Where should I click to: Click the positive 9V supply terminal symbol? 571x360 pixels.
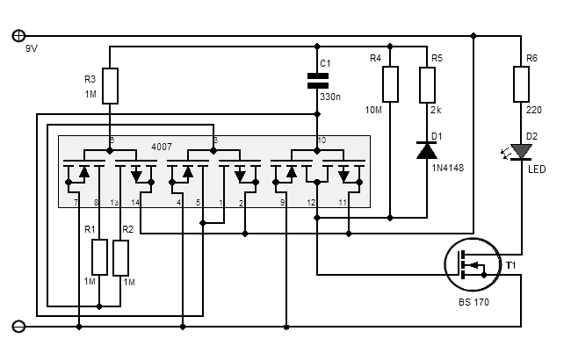click(x=18, y=36)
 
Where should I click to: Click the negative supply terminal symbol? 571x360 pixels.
click(x=18, y=327)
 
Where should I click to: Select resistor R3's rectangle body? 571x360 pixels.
click(x=110, y=86)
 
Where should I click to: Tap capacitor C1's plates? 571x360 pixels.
click(x=317, y=81)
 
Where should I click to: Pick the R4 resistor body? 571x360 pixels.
click(x=390, y=84)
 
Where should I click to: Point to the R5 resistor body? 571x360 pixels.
click(x=427, y=85)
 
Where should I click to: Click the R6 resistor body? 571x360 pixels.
click(x=521, y=83)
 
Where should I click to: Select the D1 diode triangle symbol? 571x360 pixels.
click(x=427, y=150)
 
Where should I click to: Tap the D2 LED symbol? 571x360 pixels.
click(x=519, y=152)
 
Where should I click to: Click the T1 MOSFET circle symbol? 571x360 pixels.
click(x=473, y=264)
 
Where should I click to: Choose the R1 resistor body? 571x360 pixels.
click(x=99, y=257)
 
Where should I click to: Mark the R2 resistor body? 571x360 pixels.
click(x=120, y=257)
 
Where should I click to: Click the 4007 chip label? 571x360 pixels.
click(x=162, y=147)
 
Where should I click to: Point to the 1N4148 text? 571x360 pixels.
click(x=447, y=168)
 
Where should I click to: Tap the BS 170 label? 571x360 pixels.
click(x=473, y=302)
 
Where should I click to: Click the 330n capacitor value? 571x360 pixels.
click(x=330, y=97)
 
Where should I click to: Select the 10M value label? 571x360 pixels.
click(x=373, y=110)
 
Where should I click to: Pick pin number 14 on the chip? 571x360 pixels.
click(x=135, y=202)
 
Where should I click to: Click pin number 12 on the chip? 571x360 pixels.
click(x=311, y=202)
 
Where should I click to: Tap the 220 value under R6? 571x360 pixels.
click(x=534, y=110)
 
